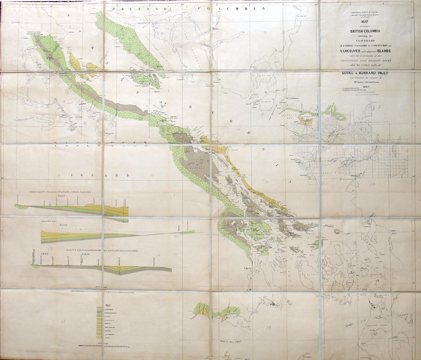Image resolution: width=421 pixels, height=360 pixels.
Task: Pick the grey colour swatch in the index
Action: coord(99,312)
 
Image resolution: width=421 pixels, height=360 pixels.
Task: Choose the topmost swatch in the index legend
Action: coord(99,308)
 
